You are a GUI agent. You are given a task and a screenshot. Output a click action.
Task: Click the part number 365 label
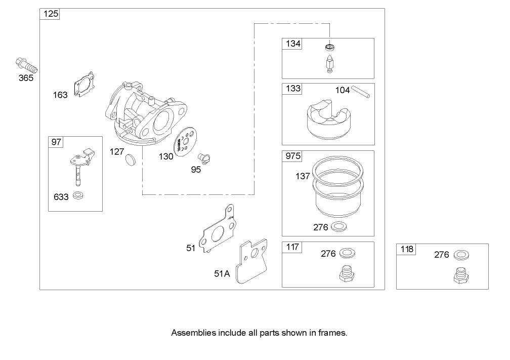point(26,78)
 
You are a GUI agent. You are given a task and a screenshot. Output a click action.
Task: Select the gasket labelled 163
point(85,84)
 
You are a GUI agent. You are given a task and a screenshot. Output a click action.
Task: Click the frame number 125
point(50,14)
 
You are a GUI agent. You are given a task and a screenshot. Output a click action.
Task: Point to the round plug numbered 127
point(131,159)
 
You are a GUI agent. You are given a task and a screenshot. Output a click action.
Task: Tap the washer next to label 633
point(78,195)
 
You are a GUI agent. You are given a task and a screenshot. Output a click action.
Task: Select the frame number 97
point(57,142)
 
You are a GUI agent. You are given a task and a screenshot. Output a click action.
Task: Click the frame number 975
point(292,156)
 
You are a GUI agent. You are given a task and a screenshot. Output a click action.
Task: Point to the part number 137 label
point(303,177)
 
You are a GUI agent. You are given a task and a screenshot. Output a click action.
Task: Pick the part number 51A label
point(222,274)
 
